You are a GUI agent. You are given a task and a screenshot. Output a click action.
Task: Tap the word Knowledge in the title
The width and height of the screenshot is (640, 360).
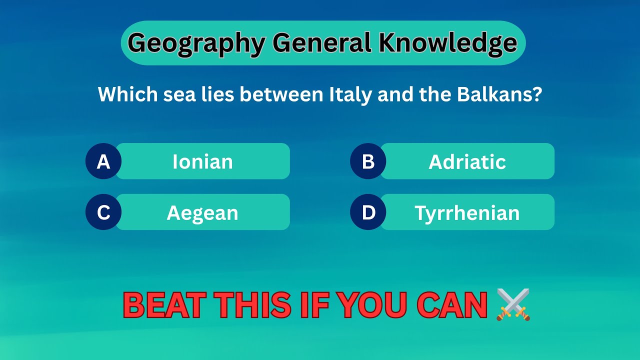point(447,43)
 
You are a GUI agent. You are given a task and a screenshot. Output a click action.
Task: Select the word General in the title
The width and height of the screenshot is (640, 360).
point(322,43)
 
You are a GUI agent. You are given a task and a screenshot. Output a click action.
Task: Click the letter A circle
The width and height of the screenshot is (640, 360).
point(103,161)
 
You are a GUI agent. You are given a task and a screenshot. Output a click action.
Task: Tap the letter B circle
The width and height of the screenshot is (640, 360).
point(368,161)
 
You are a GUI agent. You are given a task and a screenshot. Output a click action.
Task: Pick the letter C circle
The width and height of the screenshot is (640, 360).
point(103,212)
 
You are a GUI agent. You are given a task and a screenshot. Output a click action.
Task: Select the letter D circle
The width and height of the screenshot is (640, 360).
point(368,212)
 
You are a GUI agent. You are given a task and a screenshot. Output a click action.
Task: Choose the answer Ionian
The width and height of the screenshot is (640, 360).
point(202,161)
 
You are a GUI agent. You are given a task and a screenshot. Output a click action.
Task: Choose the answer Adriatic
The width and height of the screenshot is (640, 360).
point(467,161)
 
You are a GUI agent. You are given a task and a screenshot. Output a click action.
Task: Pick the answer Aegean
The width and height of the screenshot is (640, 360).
point(202,212)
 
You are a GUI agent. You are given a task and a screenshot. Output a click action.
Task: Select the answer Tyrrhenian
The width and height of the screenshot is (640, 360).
point(467,212)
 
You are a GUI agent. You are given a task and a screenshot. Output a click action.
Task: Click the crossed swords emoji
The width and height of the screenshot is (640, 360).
point(513,304)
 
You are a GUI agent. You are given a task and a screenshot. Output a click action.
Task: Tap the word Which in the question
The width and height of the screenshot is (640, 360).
point(127,94)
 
